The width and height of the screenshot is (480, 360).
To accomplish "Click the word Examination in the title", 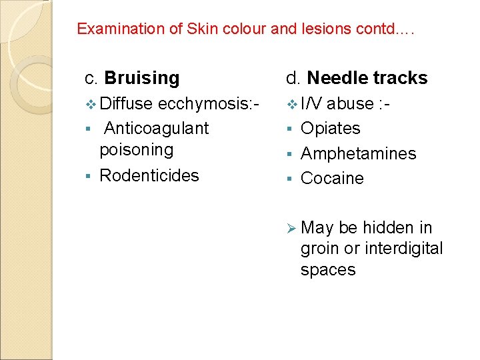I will pos(110,29).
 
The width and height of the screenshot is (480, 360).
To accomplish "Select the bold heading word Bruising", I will pos(142,78).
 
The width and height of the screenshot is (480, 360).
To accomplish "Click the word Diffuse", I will pos(127,103).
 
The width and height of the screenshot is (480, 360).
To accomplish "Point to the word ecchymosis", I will pos(207,103).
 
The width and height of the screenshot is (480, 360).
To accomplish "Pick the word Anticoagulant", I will pos(157,128).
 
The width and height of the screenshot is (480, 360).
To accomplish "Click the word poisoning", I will pos(136,149).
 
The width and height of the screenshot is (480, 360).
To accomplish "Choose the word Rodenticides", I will pos(149,175).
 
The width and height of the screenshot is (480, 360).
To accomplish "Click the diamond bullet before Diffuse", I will pos(91,104).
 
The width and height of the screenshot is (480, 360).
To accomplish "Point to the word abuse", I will pos(350,103).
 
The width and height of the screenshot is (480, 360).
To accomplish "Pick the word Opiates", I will pos(331,128).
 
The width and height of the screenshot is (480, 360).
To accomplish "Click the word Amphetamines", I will pos(358,153).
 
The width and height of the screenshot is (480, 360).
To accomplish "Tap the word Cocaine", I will pos(332,178).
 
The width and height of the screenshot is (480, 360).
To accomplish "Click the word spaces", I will pos(328,270).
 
